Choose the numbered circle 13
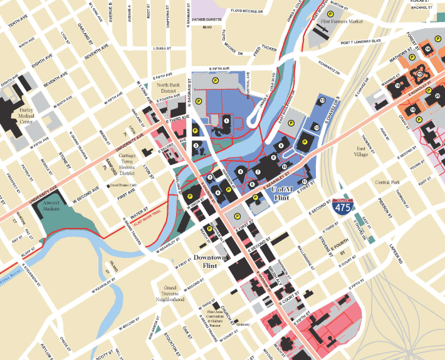pos(322,100)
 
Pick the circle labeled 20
pos(437,95)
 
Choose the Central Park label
pos(387,182)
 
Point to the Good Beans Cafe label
pos(123,186)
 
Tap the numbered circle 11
pos(304,182)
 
